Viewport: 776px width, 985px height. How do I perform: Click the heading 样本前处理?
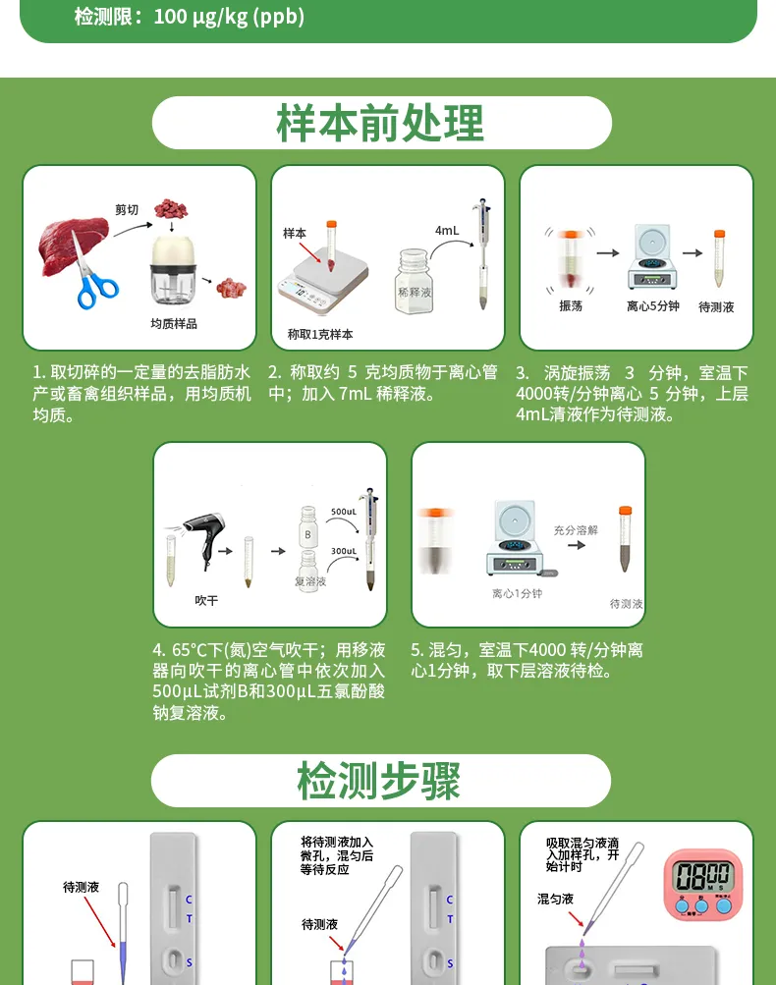click(381, 124)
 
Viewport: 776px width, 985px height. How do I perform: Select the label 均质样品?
click(173, 324)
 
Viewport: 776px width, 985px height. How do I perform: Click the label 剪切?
click(127, 210)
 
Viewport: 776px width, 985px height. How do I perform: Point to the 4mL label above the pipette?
click(447, 230)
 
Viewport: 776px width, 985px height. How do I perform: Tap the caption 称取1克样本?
click(320, 334)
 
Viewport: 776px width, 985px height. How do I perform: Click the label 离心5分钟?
click(653, 306)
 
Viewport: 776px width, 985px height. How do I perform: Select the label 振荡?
click(570, 306)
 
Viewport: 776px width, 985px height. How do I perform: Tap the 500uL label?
click(343, 513)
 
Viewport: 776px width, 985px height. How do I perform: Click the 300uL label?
click(343, 552)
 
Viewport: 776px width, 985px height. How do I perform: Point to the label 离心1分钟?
click(517, 594)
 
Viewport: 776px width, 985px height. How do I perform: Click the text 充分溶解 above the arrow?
click(575, 529)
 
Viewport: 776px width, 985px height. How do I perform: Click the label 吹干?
click(206, 600)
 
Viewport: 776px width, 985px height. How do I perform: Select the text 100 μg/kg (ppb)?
click(229, 17)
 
